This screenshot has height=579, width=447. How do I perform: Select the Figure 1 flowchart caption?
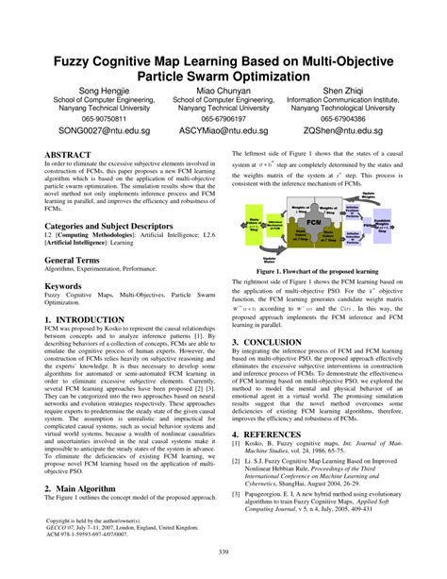pos(323,270)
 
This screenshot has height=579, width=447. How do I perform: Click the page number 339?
pos(223,553)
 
